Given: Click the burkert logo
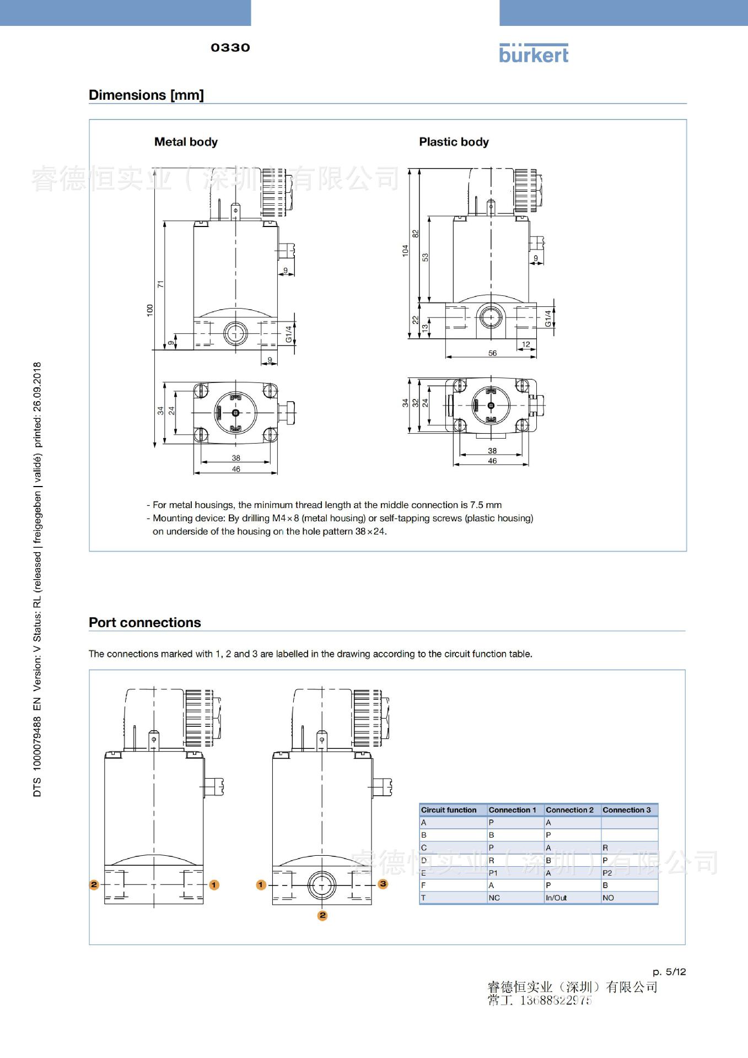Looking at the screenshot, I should [533, 53].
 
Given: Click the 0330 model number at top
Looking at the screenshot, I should [230, 48].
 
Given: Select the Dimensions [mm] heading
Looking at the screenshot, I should [146, 95].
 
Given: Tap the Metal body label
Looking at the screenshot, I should [186, 142].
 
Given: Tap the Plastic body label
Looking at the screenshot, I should [454, 142].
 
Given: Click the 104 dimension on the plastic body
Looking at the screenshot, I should [406, 251].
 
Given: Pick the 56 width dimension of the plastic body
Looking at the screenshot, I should [492, 353].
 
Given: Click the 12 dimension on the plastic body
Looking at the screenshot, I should [526, 344].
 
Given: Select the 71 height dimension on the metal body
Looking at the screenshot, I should [160, 284].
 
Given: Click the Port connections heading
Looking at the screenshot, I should [145, 622].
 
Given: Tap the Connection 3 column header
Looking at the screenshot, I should [626, 809].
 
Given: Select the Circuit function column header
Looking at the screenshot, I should [449, 809].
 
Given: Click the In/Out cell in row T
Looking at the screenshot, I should [556, 898].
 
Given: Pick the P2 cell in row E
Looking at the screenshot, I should [607, 873].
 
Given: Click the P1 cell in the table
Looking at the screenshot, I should [493, 873].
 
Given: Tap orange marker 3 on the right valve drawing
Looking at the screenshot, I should [383, 884].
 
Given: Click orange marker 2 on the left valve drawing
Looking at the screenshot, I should [94, 884].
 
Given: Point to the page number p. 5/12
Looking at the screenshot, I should [669, 971].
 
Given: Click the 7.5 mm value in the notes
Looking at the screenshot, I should [486, 505].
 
